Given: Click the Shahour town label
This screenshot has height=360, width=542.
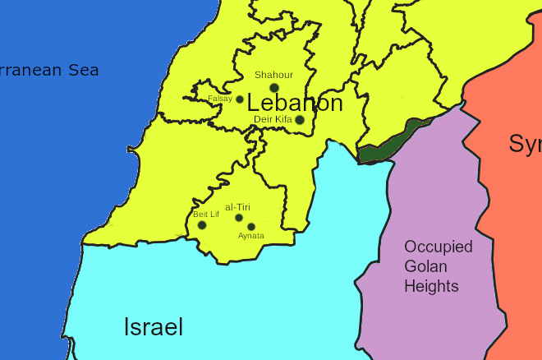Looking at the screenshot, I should pos(273,75).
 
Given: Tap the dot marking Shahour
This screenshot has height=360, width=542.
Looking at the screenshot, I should pos(274,88).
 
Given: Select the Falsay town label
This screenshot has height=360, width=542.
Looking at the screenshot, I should pos(219,99).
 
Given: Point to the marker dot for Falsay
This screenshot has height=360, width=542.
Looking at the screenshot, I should pos(240,99).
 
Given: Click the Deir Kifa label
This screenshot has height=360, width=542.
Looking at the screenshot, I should pos(273,119).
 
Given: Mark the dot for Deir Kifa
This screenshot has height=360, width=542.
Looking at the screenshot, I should pos(300,120).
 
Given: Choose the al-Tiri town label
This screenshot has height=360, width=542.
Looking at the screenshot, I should pos(237,207).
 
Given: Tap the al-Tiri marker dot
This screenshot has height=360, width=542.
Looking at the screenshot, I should pos(239,218).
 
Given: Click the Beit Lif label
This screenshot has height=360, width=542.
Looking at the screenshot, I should pos(206,215).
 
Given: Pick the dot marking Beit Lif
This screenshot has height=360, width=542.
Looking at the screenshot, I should pos(202,225).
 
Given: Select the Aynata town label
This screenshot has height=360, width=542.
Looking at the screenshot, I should pos(251,236).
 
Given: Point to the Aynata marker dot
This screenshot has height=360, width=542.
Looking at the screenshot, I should pos(251,227).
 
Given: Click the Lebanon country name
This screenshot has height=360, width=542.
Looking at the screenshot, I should pos(295,104).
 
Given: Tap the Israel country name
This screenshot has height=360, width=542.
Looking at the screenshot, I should pos(153,327).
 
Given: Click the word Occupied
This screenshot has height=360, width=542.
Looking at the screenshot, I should pos(438,247).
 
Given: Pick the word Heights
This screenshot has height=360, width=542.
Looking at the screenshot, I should pos(430,286).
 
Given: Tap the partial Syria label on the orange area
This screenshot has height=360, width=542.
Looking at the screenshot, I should pos(525,144).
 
